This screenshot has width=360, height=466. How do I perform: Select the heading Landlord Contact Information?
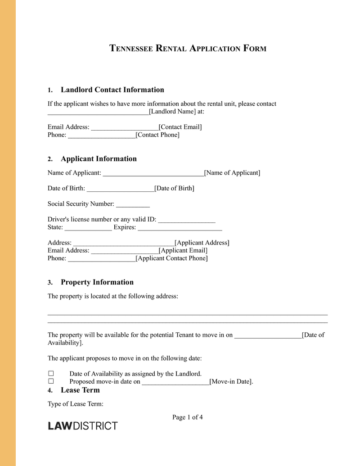(112, 90)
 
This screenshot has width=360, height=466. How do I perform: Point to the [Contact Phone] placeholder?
(157, 135)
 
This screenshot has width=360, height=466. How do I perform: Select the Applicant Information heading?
(99, 158)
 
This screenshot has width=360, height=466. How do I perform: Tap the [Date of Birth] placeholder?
(174, 188)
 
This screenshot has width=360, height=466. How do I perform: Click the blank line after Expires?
(180, 228)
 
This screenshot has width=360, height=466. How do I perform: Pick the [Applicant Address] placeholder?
(202, 243)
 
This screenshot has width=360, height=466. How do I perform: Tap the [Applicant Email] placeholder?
(183, 250)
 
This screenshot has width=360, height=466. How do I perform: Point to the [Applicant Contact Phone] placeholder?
(171, 258)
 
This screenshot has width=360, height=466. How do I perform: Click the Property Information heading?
(97, 282)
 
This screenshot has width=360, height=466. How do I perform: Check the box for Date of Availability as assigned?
(51, 374)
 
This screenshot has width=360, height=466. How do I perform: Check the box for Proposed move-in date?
(51, 381)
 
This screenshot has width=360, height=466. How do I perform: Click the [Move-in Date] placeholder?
(231, 382)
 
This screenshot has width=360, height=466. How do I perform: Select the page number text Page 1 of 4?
(187, 417)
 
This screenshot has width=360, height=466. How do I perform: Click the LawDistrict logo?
(83, 426)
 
